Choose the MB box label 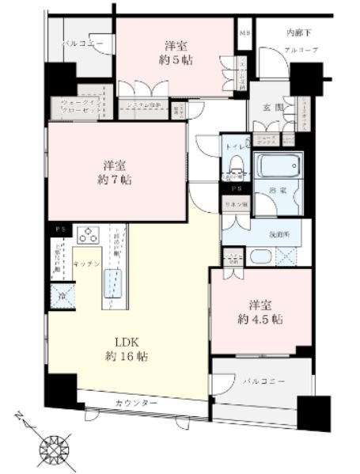click(244, 33)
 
